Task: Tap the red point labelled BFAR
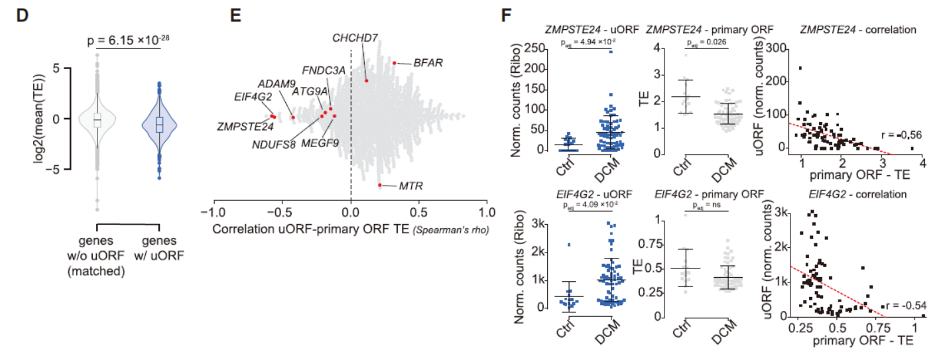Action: pyautogui.click(x=394, y=63)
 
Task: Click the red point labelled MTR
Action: pyautogui.click(x=379, y=185)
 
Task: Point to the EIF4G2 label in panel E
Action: pyautogui.click(x=253, y=96)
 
